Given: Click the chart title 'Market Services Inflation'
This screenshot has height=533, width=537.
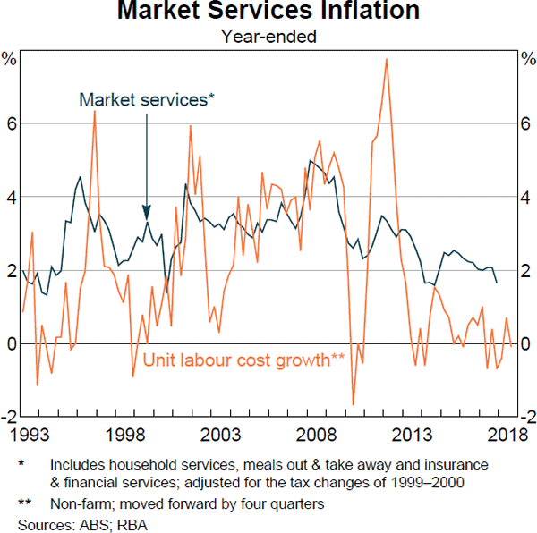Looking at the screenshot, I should (268, 13).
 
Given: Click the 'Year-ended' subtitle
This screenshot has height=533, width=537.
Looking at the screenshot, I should (268, 37).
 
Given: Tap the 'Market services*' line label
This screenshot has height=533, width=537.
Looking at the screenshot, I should (147, 100).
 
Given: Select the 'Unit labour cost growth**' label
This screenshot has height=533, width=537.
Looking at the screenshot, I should (244, 360).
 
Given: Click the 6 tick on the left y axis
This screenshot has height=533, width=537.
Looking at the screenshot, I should (12, 123).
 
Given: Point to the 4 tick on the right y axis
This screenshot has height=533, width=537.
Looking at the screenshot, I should (526, 197).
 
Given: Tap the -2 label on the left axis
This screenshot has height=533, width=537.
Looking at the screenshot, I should (9, 417).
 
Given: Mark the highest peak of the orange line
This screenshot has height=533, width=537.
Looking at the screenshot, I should (386, 59).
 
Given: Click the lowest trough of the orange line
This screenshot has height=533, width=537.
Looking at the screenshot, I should (354, 404).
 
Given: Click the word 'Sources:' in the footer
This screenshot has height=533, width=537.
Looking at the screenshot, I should (46, 519).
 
